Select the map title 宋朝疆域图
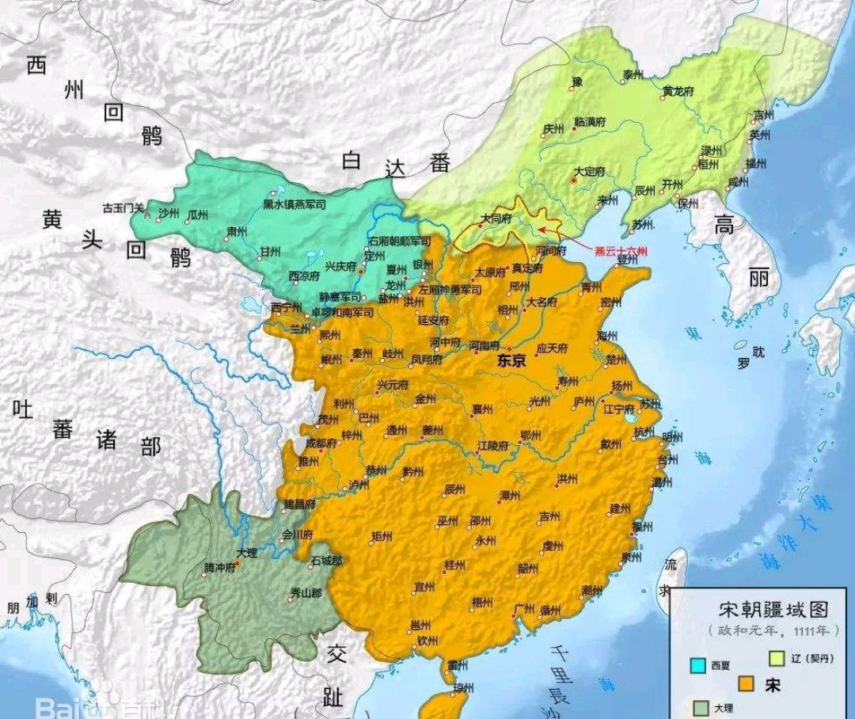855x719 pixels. coord(773,609)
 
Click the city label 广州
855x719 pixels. coord(523,608)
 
